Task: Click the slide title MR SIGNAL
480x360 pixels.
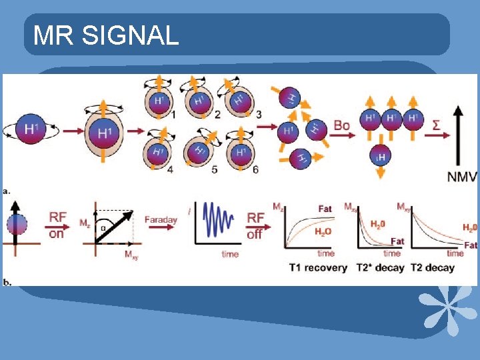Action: point(106,35)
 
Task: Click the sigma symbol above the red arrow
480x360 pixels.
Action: point(435,125)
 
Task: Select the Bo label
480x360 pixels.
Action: point(341,125)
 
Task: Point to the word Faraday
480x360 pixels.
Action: point(160,219)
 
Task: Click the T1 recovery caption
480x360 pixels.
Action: point(318,267)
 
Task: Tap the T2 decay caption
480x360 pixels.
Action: point(433,267)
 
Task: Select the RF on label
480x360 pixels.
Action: point(58,225)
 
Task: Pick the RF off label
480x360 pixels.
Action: point(255,225)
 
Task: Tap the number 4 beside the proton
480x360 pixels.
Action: point(171,169)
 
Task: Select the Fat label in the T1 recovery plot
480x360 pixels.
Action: point(325,209)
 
